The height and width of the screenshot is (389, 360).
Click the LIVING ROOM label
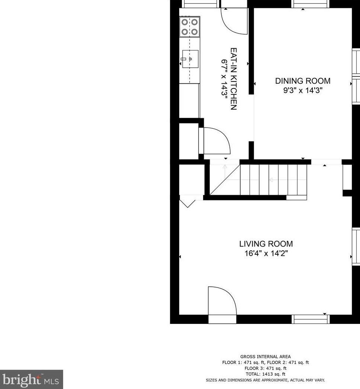[266, 244]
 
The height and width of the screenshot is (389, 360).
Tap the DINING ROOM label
[302, 81]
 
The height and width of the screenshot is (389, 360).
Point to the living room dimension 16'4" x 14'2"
[266, 254]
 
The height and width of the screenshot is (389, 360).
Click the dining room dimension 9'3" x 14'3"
[302, 90]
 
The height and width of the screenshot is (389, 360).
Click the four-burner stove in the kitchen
[189, 27]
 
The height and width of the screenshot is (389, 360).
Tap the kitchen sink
[190, 59]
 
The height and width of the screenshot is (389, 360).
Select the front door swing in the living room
[222, 300]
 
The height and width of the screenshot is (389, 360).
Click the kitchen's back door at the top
[234, 20]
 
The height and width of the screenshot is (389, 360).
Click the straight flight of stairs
[273, 180]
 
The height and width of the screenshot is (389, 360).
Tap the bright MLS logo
[31, 379]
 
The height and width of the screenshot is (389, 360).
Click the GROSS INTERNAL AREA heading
[265, 357]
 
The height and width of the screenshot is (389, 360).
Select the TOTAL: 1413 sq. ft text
[265, 374]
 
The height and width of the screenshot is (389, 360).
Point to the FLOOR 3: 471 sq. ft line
[265, 368]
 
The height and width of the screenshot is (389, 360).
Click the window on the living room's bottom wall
[311, 319]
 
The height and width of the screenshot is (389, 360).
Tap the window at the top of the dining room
[311, 4]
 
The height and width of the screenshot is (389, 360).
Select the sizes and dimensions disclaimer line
[265, 380]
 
